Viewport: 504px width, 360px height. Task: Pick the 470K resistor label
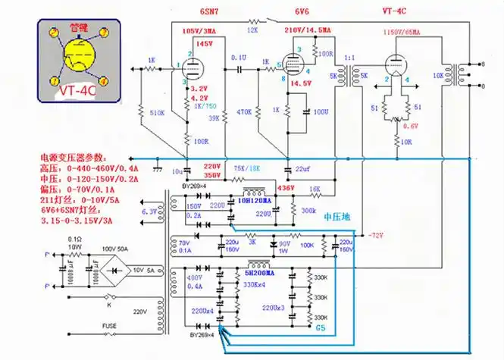click(x=244, y=112)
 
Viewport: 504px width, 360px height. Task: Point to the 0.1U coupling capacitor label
click(x=238, y=57)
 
